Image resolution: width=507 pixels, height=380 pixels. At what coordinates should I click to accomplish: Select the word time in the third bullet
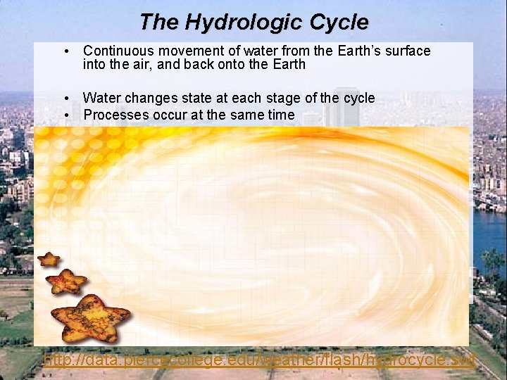[280, 114]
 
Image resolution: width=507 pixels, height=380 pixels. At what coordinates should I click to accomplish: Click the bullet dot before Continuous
[65, 51]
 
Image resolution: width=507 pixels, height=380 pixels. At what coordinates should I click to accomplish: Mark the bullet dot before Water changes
[65, 99]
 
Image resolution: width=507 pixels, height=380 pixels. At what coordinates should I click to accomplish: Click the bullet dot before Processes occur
[65, 115]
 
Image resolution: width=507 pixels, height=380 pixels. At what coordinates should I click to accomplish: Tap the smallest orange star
[49, 260]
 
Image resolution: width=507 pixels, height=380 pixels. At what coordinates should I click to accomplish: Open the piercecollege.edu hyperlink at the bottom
[259, 360]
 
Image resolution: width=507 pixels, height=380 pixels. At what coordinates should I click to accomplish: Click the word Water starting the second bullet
[102, 98]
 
